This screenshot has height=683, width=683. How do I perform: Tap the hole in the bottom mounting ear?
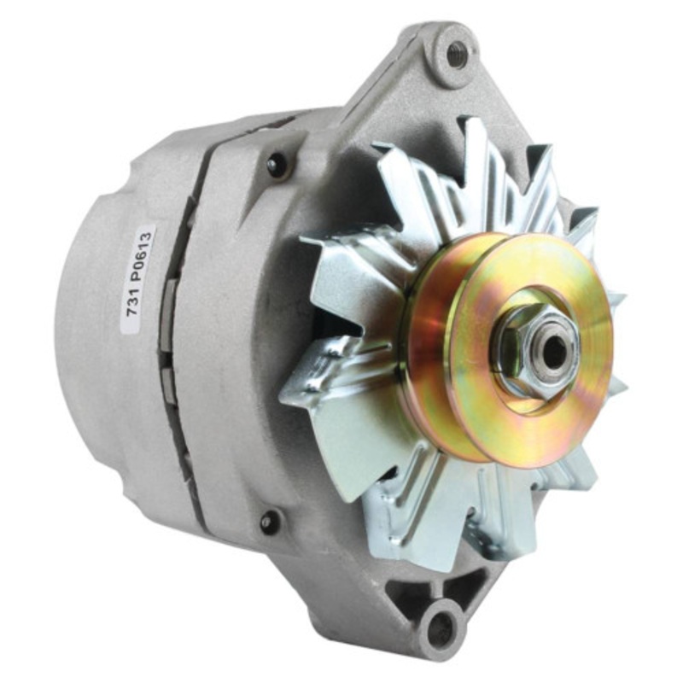pyautogui.click(x=441, y=629)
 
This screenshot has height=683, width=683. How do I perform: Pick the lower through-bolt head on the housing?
pyautogui.click(x=271, y=520)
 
